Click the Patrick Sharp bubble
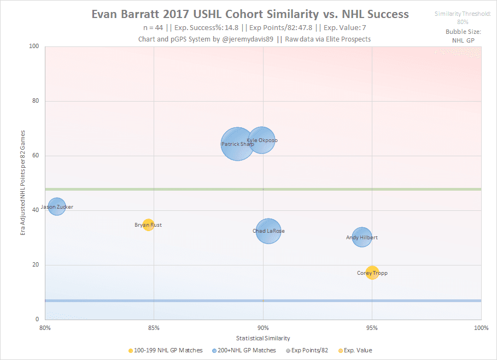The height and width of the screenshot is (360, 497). coord(237,144)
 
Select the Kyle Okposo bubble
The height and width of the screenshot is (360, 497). coord(262,140)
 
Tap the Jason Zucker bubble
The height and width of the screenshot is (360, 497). coord(56,206)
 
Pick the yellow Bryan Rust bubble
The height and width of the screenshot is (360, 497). coord(148,225)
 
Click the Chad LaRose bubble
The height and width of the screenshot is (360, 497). coord(268,231)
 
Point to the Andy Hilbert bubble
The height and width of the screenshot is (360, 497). coord(361,237)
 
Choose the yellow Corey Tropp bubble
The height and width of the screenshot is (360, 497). coord(372,273)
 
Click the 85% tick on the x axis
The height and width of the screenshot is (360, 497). coord(154,328)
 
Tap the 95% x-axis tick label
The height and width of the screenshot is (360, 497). coord(372,328)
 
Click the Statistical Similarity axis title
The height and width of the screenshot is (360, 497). coord(263,338)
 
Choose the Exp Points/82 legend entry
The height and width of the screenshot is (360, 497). coord(307,350)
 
